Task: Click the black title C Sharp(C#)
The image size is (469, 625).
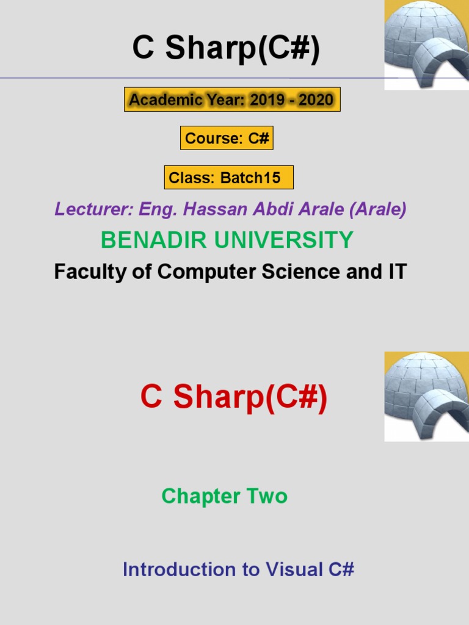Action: [x=226, y=48]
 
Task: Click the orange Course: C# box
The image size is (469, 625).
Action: [x=227, y=138]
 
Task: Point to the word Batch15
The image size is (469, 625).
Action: [x=250, y=178]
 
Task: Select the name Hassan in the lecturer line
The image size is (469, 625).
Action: [x=215, y=209]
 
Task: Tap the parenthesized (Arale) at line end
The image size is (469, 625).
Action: [x=377, y=209]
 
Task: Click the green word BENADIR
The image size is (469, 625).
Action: [x=153, y=239]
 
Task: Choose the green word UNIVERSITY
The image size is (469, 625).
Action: [x=284, y=239]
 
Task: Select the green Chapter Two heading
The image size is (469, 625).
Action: [x=225, y=496]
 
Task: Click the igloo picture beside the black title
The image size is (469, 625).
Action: [x=427, y=45]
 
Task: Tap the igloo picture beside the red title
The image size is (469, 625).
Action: [x=427, y=397]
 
